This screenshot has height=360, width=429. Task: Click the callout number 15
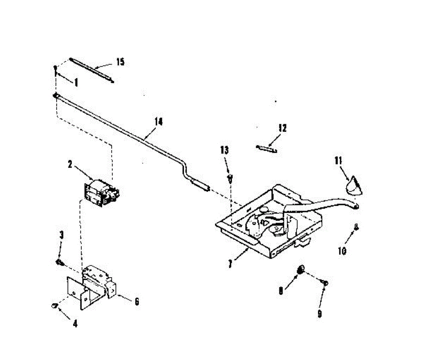tap(120, 62)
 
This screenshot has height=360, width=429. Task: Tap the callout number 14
tap(158, 122)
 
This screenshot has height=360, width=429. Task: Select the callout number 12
tap(282, 128)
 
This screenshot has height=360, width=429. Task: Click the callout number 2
tap(70, 165)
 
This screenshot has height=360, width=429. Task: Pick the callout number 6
tap(136, 302)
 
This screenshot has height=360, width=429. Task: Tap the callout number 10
tap(342, 251)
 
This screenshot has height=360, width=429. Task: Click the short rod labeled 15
tap(92, 70)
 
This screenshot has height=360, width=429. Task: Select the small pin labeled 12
tap(267, 148)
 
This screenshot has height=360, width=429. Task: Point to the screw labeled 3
tap(59, 263)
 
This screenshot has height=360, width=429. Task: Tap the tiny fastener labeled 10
tap(356, 226)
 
